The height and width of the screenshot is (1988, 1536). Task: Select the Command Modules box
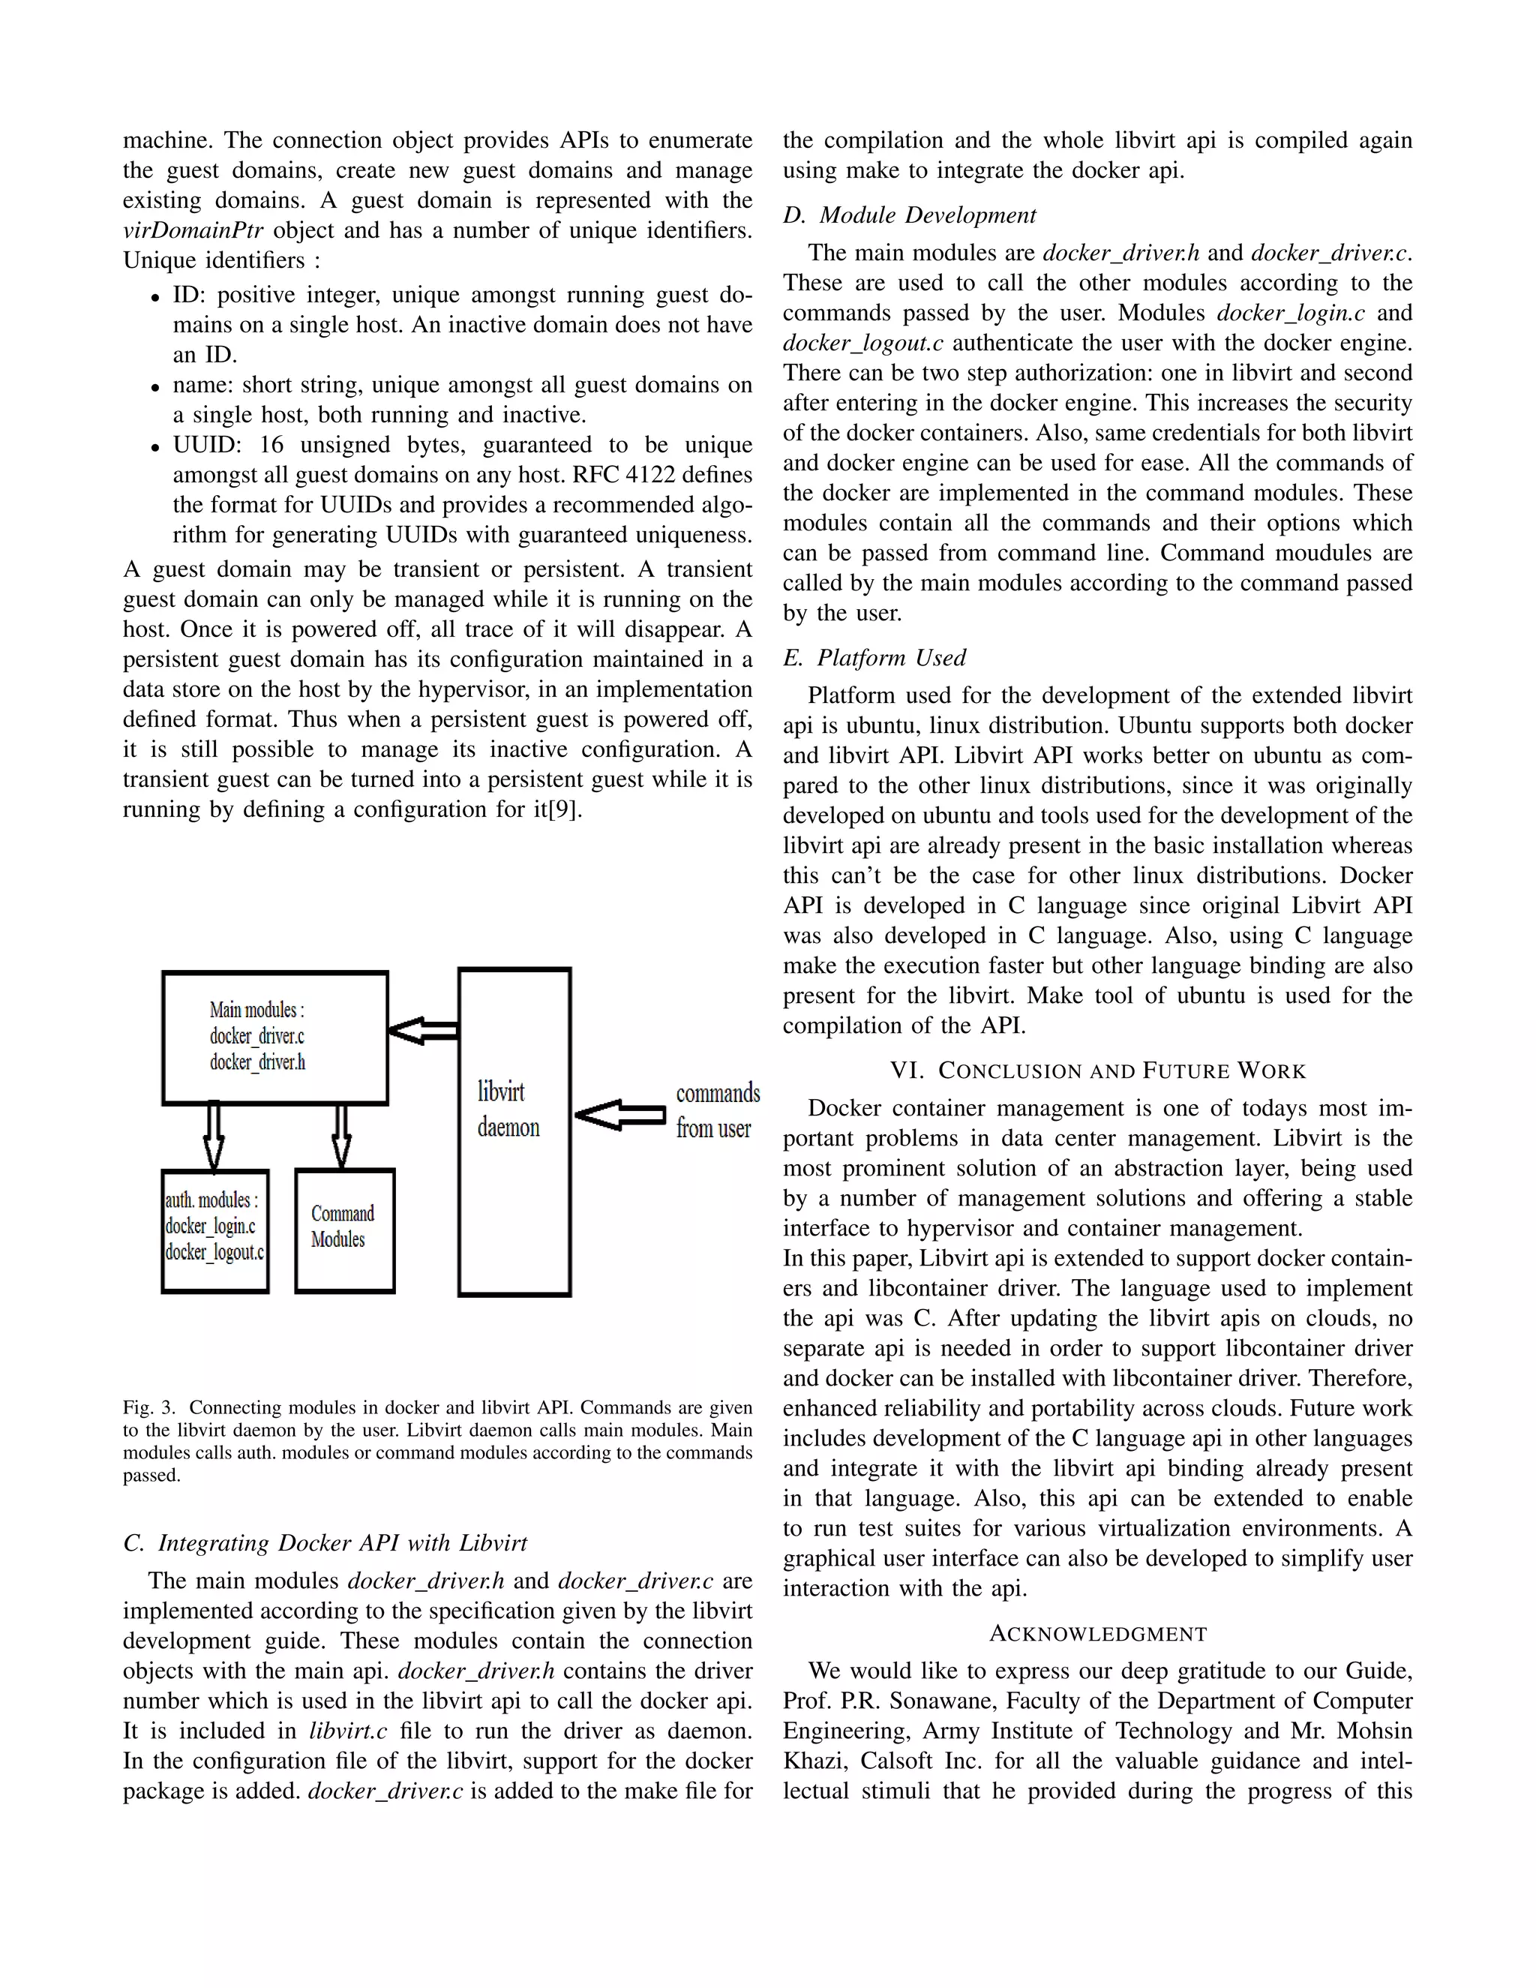345,1230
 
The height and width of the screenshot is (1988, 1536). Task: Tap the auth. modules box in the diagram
214,1230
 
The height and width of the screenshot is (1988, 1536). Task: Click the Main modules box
274,1038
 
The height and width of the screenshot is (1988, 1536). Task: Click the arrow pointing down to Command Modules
341,1136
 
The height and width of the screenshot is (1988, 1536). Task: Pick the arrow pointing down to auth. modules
214,1136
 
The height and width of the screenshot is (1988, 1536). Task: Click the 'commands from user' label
717,1110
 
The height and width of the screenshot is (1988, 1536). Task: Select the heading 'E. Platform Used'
874,657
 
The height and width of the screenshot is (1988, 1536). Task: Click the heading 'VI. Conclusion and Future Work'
1097,1071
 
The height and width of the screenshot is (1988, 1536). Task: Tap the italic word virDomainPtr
192,230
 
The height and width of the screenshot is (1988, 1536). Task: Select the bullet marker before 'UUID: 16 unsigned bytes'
155,447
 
